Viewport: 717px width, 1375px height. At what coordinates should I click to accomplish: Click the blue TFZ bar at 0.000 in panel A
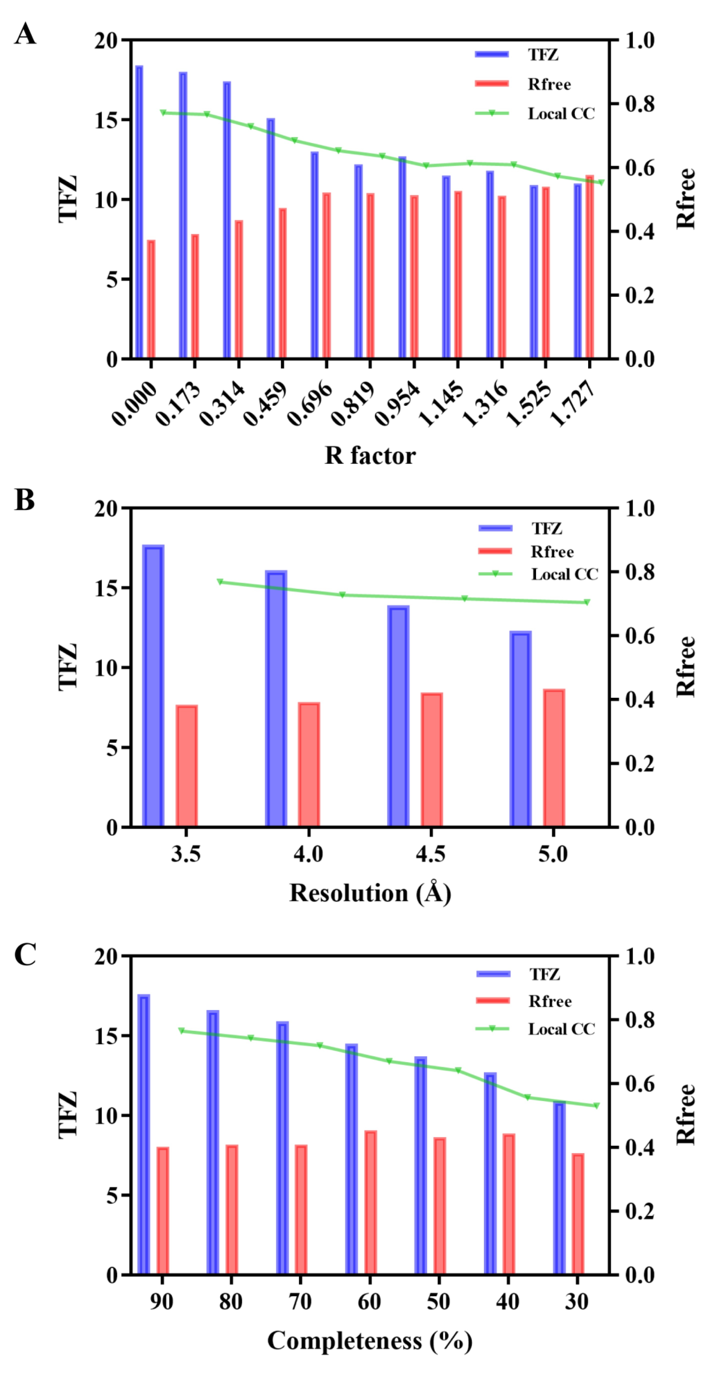point(139,212)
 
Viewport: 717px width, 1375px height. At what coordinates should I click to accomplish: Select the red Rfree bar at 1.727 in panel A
point(590,267)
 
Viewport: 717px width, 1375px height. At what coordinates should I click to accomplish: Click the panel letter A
point(25,34)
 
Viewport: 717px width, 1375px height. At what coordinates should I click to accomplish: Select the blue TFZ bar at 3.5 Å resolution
point(153,686)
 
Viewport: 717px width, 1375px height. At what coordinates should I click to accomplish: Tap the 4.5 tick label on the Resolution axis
point(430,854)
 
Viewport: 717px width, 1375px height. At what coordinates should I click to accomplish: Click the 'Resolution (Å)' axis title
point(370,893)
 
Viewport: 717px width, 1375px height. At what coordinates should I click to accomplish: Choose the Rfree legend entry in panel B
point(526,551)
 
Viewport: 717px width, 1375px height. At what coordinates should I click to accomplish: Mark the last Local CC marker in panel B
point(587,602)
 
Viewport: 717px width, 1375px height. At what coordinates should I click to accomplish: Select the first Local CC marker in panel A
point(163,113)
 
